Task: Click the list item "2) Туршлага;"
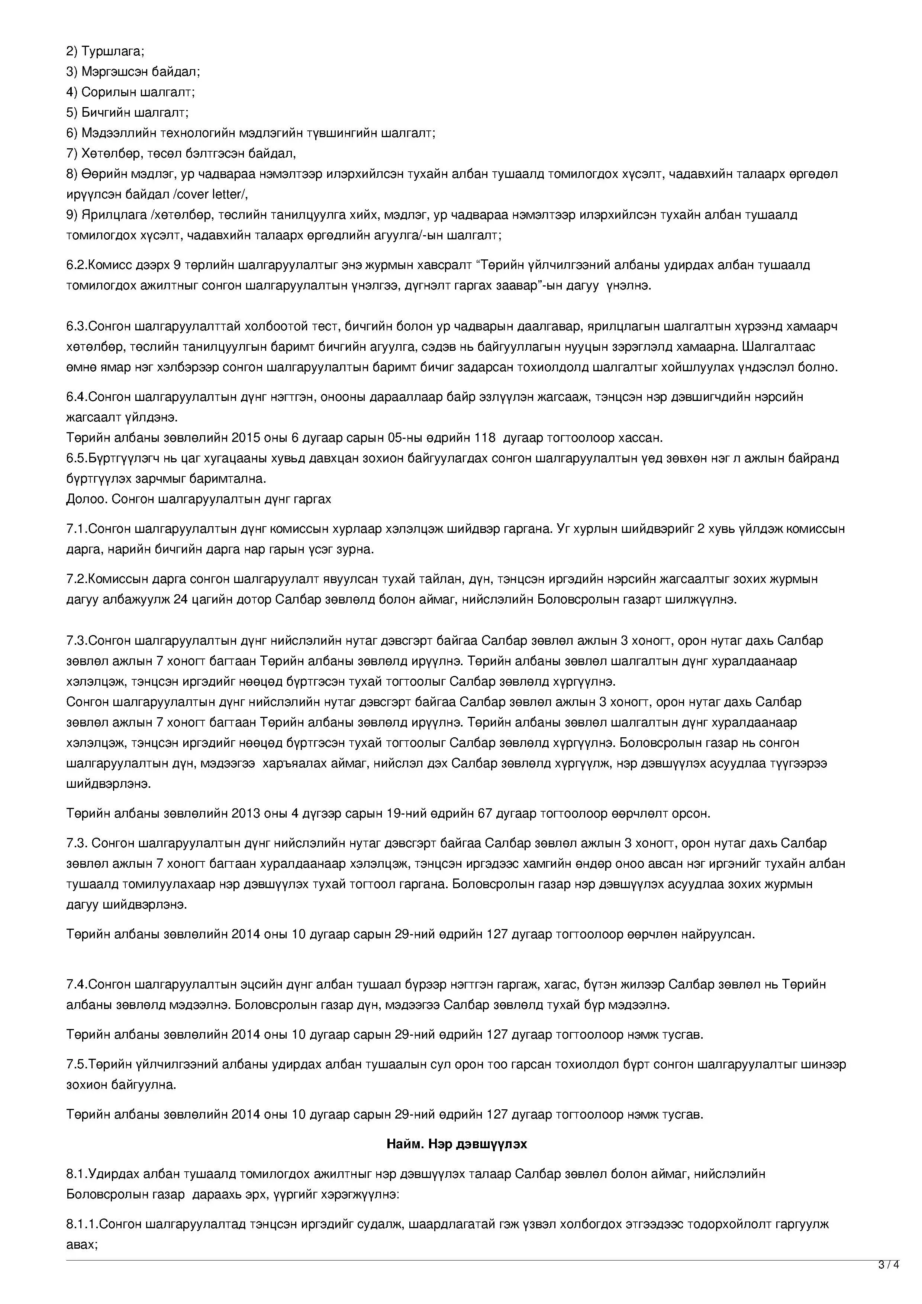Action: (105, 51)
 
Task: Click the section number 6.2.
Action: (77, 265)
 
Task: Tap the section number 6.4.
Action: (77, 397)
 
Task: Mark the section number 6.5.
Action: (77, 458)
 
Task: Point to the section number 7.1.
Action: (77, 529)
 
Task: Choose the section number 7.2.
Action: (77, 579)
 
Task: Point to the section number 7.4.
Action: (77, 984)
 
